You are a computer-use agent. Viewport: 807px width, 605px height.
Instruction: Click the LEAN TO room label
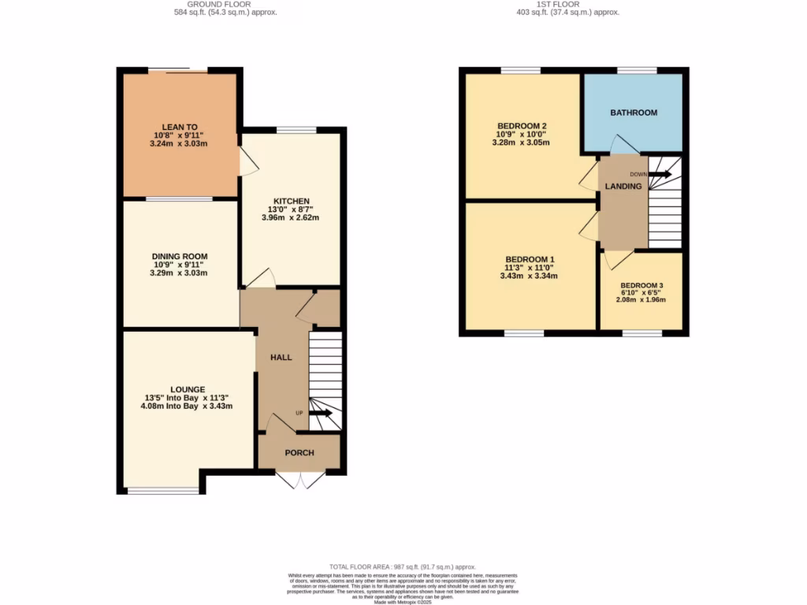click(180, 126)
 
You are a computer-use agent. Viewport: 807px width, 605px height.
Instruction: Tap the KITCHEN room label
click(291, 200)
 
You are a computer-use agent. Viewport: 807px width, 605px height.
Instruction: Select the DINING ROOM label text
click(180, 256)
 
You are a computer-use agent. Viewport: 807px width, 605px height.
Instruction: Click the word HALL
click(281, 357)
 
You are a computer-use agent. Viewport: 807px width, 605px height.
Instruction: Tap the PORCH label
click(299, 452)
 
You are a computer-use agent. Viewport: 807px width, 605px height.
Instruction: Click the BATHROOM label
click(633, 113)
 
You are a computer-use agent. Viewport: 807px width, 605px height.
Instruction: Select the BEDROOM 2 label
click(522, 126)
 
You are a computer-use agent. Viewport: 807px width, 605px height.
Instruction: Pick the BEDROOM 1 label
click(530, 259)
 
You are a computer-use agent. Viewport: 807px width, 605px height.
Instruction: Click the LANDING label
click(623, 186)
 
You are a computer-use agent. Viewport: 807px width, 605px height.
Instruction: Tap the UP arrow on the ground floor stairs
click(321, 412)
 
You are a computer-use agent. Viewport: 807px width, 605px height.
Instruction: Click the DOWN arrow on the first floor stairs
click(659, 174)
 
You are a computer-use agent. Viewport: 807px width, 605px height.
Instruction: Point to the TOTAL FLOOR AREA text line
click(403, 566)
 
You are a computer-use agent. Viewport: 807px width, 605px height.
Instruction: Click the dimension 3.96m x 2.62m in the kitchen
click(291, 217)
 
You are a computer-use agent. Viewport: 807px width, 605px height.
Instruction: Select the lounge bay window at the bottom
click(164, 491)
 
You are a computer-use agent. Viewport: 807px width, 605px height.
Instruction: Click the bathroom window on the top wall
click(637, 71)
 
